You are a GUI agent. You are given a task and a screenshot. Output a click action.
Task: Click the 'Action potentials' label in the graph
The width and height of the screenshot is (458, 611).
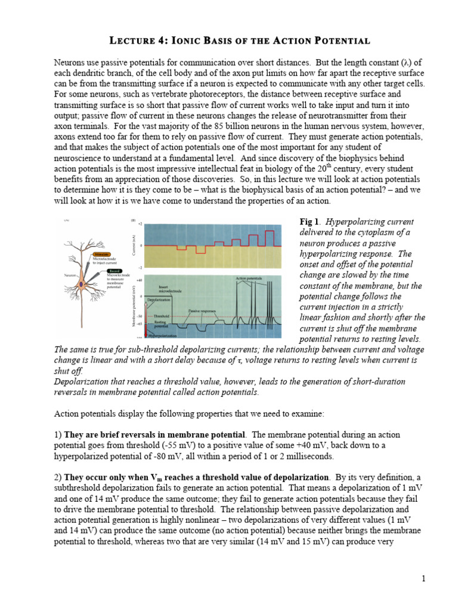(x=249, y=278)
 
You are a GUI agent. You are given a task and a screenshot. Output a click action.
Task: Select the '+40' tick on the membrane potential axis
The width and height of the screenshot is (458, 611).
(x=138, y=280)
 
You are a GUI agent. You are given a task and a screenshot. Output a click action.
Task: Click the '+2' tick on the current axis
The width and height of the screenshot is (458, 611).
(x=140, y=224)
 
